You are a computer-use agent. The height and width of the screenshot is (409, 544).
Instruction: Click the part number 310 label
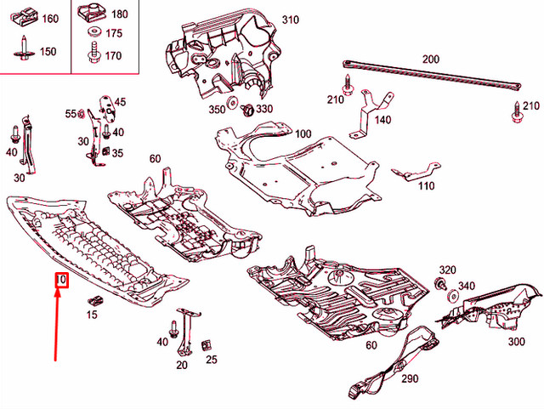[291, 20]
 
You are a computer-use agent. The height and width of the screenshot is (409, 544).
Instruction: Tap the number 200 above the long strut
[431, 60]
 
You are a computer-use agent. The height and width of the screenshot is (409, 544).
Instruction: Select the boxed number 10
[60, 280]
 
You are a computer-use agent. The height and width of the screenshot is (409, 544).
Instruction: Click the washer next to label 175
[92, 33]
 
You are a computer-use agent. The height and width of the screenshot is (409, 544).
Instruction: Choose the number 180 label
[119, 14]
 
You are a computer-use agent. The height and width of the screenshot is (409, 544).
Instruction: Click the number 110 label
[426, 186]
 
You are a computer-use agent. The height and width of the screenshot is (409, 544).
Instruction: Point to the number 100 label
[303, 134]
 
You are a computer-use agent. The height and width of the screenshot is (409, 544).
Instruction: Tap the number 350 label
[218, 109]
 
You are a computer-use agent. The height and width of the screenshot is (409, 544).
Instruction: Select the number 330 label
[264, 109]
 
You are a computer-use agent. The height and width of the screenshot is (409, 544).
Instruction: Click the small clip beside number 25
[207, 345]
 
